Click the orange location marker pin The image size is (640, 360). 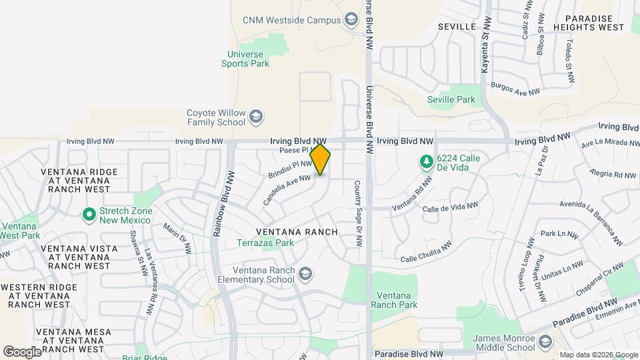320,159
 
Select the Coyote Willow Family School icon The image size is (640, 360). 255,118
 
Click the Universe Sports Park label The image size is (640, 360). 245,59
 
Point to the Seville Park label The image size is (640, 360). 451,100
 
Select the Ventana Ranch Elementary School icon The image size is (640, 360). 305,274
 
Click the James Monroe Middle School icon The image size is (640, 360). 545,343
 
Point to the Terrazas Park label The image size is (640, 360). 265,243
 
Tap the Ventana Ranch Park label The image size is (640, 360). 397,300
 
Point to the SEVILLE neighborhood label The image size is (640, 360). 457,26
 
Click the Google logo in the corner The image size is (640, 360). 22,351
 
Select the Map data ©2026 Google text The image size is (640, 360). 599,355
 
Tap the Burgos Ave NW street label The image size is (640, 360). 514,89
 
